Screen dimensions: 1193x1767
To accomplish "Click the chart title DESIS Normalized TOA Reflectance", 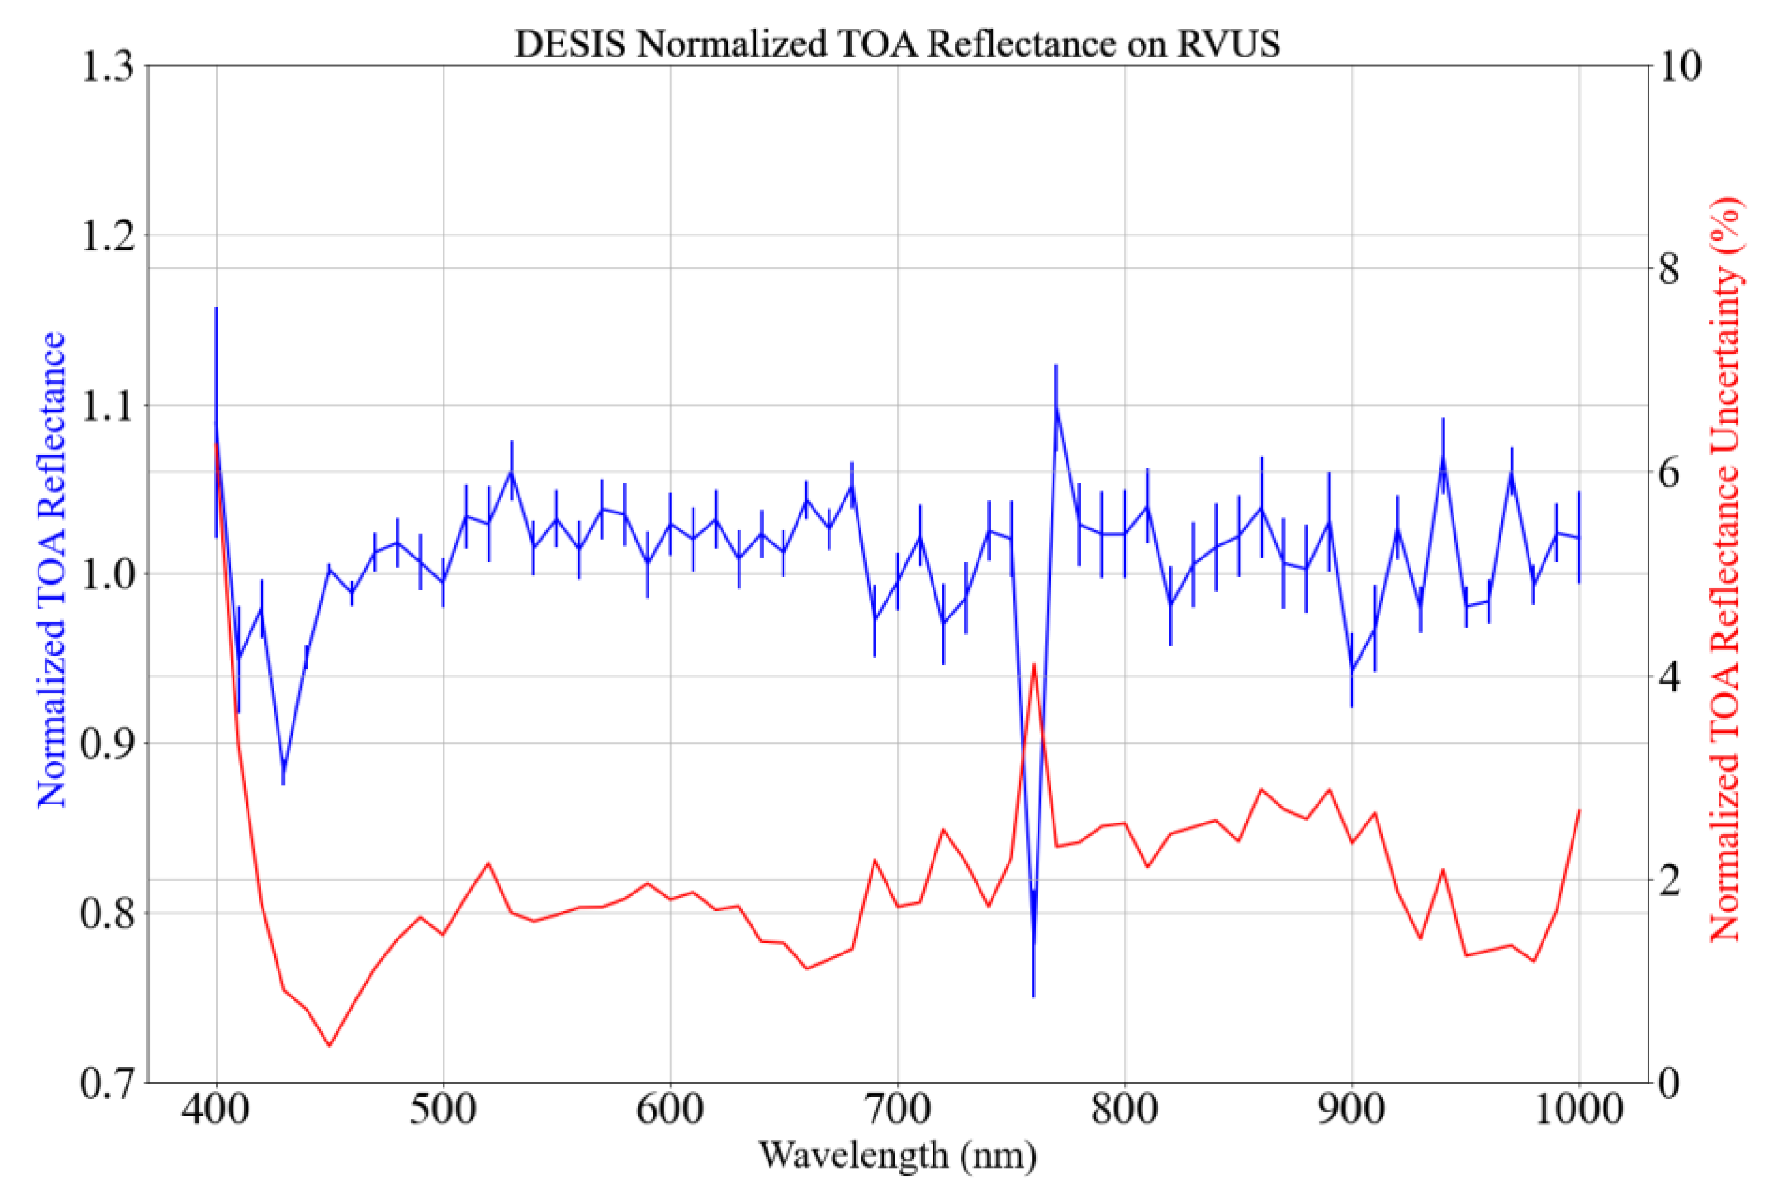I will (x=897, y=44).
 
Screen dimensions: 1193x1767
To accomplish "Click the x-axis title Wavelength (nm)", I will (x=897, y=1156).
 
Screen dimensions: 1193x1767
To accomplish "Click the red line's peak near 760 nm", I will (x=1034, y=665).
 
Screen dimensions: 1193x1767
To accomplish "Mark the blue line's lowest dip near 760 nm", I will (x=1034, y=994).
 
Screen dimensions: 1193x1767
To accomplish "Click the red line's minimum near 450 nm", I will (x=329, y=1046).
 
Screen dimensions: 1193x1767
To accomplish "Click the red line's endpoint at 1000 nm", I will (x=1580, y=811).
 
